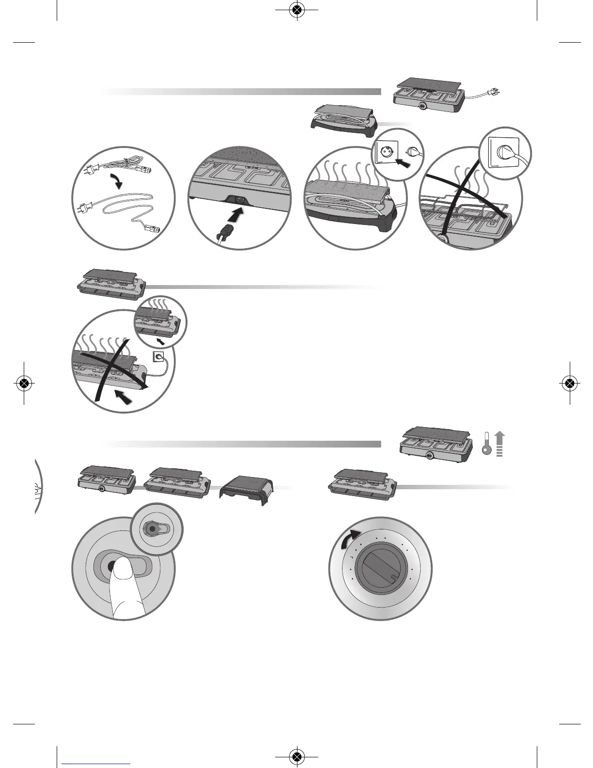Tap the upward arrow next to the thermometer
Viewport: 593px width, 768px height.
500,444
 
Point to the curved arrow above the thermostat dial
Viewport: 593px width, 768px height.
350,538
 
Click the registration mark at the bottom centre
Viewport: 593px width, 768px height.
296,756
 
